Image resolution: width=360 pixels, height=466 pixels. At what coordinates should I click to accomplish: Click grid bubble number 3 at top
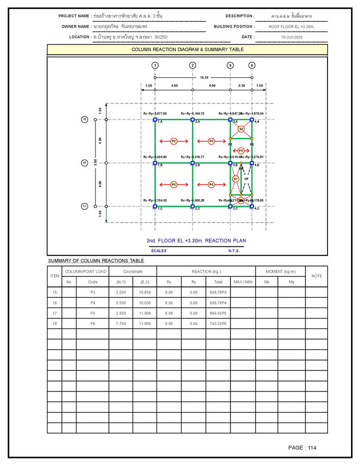point(230,65)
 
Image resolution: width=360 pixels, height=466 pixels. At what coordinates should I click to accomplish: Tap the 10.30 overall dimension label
point(204,78)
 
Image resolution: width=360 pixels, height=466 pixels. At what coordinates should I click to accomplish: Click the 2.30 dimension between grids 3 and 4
point(241,86)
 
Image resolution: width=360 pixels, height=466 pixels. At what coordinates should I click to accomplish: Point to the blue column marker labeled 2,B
point(192,163)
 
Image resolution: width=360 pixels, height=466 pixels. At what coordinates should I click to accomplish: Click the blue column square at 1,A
point(155,119)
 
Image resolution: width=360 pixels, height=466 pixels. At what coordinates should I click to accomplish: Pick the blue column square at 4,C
point(252,206)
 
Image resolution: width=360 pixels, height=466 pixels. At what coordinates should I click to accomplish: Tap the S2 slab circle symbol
point(241,129)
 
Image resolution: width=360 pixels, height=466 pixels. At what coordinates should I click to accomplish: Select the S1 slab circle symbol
point(236,178)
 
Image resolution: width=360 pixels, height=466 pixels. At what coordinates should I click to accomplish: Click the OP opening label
point(246,178)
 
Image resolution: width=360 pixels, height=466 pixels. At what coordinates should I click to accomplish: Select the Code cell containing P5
point(92,313)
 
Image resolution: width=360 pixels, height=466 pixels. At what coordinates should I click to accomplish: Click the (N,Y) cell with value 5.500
point(120,302)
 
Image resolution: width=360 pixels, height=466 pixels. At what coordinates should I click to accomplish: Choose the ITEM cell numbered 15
point(54,292)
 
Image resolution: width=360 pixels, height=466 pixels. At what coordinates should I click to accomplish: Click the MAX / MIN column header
point(243,281)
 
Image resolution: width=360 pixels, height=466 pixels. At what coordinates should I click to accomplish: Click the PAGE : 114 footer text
point(302,447)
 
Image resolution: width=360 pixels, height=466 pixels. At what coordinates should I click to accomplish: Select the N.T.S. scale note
point(234,251)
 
